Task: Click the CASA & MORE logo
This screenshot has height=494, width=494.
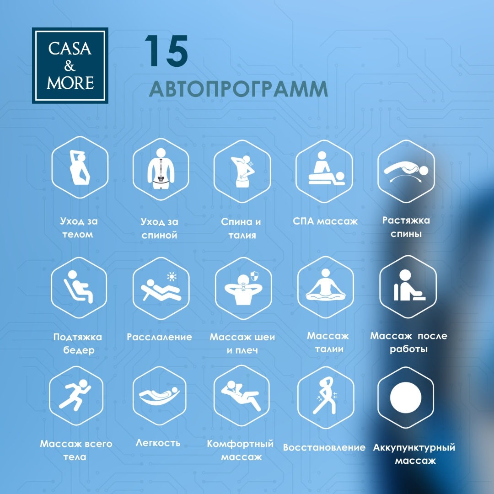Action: pos(70,65)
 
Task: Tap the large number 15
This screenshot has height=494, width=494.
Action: pos(166,51)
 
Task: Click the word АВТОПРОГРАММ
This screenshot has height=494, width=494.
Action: pos(238,89)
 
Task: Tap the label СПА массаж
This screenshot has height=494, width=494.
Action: pos(325,221)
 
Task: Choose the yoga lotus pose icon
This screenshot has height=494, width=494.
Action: pos(326,285)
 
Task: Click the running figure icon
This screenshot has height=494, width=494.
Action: pos(75,395)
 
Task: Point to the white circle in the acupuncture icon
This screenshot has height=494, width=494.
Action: pos(405,397)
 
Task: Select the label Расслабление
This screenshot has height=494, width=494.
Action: pos(160,337)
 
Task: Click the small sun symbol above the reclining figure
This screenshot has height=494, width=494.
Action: pos(172,277)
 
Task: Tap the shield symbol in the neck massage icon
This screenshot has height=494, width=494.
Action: pos(254,276)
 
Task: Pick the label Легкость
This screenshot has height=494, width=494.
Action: pos(158,443)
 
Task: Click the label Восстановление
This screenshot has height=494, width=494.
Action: pos(324,447)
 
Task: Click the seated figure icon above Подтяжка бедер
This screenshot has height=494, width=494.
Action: pos(79,287)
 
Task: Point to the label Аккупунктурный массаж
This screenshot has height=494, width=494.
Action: pos(414,454)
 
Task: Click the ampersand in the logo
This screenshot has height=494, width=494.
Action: pos(70,66)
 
